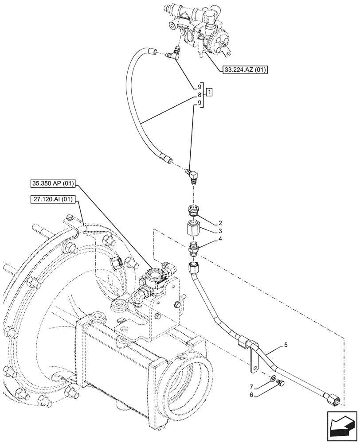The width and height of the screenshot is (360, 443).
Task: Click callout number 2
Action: click(x=220, y=223)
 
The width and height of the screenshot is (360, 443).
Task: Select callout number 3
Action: click(x=220, y=231)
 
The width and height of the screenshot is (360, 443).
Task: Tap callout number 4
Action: click(x=220, y=240)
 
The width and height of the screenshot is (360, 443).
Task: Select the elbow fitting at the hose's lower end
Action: click(x=193, y=177)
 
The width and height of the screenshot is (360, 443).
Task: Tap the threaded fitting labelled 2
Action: click(x=193, y=210)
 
